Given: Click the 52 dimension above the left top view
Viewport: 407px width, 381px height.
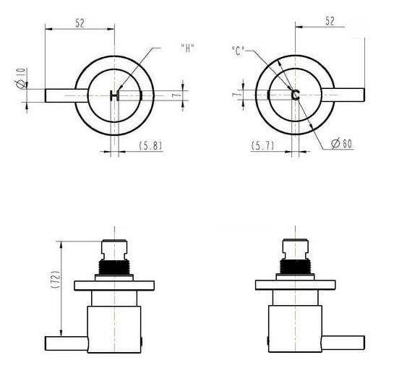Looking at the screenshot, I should [x=79, y=22].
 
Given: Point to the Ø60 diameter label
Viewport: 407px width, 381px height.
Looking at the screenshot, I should [x=341, y=144].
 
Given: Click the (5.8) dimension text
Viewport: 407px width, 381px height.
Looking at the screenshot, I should [x=150, y=145].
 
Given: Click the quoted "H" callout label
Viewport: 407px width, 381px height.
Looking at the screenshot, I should [x=187, y=48].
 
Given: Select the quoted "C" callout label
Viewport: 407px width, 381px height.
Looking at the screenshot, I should [x=238, y=51].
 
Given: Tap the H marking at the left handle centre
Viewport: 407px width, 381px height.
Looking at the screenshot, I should [x=114, y=95].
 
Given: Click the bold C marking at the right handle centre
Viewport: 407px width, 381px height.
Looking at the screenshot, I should [x=295, y=95].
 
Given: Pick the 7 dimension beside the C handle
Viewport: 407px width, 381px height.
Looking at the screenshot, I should [x=234, y=95].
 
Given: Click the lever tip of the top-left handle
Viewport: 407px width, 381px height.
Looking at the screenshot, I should [x=49, y=95].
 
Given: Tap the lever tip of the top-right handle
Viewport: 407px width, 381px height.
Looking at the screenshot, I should [x=359, y=95].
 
